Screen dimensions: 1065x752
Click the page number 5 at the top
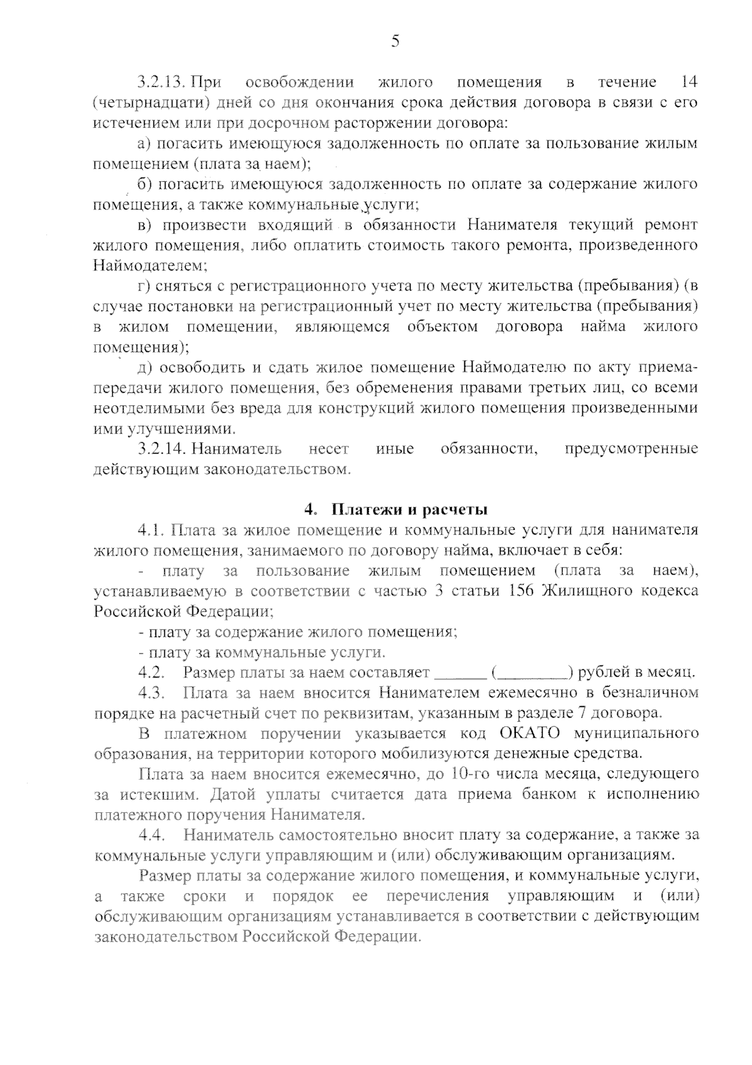(x=395, y=42)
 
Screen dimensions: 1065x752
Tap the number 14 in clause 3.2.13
(x=689, y=82)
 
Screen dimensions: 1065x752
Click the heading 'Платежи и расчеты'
(x=409, y=509)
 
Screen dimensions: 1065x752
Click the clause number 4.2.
(x=151, y=673)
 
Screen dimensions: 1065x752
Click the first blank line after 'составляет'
(x=460, y=674)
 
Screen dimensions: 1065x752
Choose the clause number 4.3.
(x=151, y=693)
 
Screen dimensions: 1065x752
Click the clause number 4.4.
(x=151, y=835)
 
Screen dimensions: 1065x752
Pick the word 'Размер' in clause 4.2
(x=208, y=673)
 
